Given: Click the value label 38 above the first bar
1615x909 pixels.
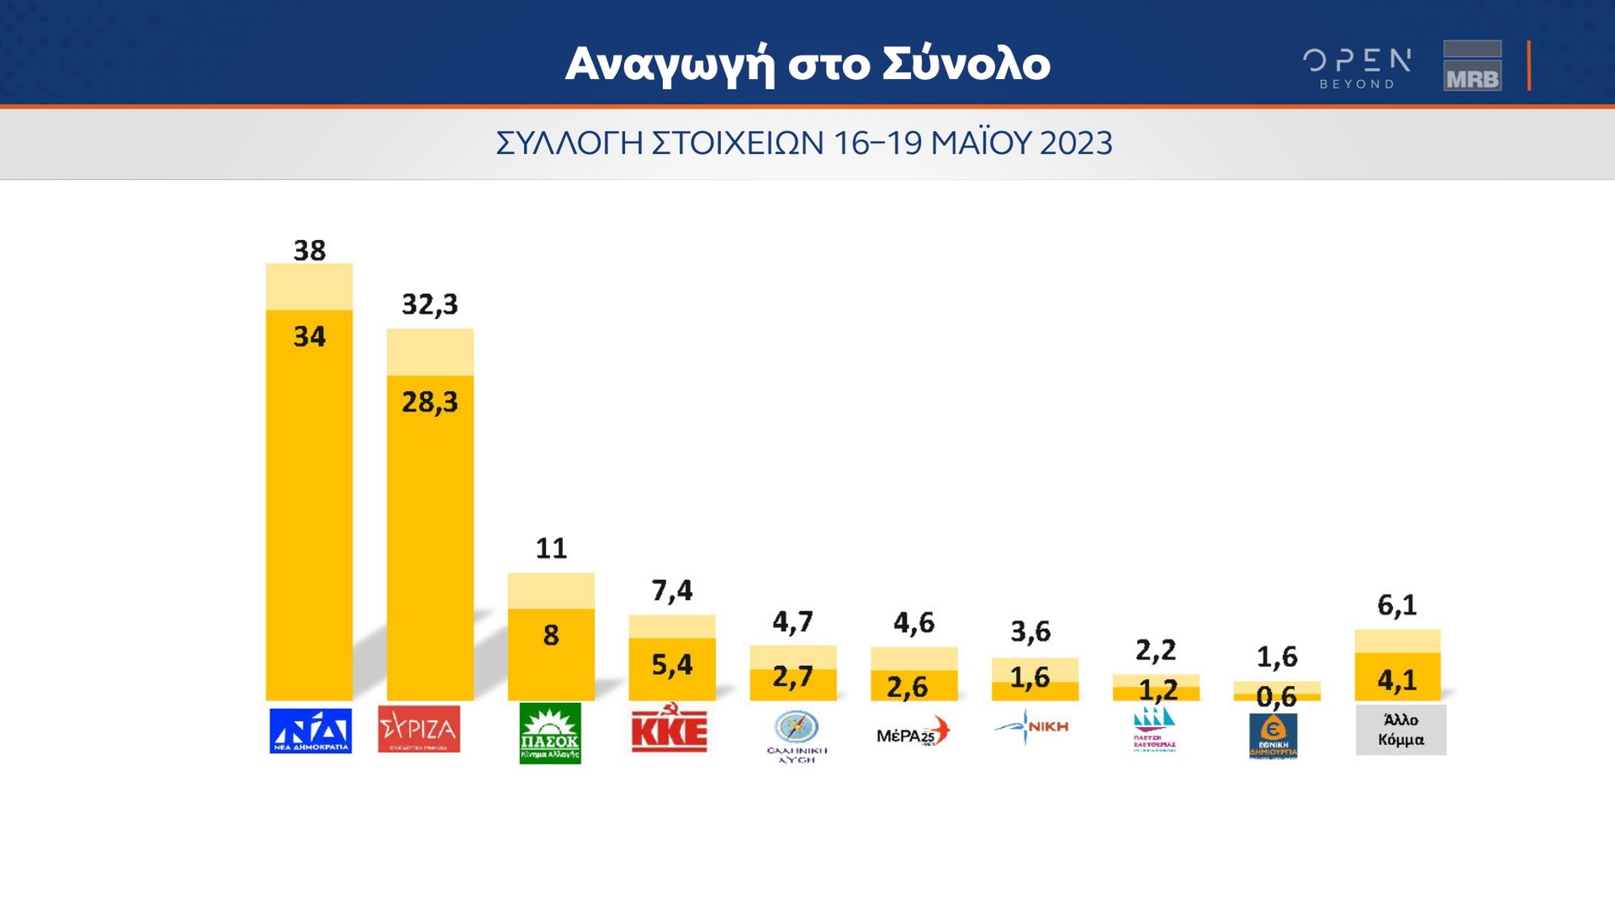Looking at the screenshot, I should coord(309,250).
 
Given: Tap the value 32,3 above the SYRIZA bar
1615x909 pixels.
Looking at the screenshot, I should coord(430,305).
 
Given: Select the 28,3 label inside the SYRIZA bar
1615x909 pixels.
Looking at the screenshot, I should coord(430,402).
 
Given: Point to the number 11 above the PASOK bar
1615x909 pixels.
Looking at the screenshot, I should coord(552,549).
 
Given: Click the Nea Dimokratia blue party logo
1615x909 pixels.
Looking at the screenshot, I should coord(310,730).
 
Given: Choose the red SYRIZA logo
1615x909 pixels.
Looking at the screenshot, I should coord(419,729).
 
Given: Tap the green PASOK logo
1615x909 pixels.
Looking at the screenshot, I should coord(550,733).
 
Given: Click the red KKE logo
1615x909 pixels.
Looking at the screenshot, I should coord(669,729).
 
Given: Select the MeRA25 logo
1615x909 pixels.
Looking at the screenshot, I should coord(913,732).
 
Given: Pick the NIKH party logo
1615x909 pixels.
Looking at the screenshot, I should coord(1032,726).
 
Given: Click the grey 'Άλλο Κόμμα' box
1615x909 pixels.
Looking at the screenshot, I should coord(1400,730).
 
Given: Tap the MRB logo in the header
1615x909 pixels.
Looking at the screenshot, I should coord(1472,65).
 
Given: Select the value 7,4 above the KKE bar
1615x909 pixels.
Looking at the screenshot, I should coord(672,591).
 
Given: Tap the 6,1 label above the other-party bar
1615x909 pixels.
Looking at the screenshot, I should coord(1397,605).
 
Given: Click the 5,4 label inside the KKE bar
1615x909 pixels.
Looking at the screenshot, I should coord(672,664).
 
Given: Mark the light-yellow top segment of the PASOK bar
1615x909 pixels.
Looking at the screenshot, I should coord(551,591).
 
